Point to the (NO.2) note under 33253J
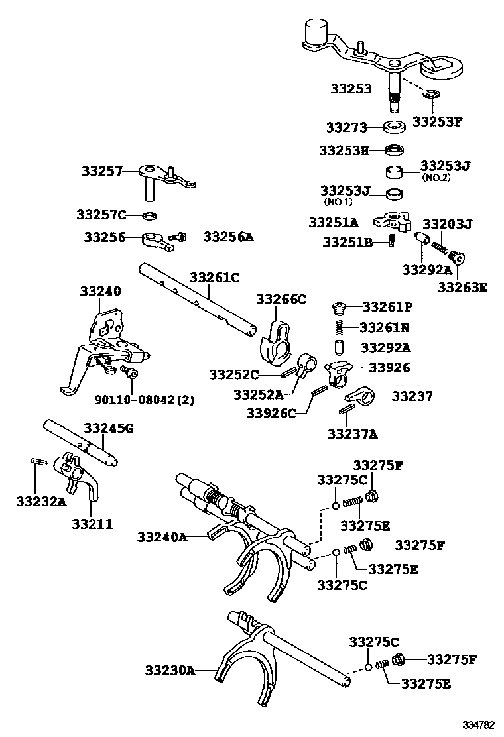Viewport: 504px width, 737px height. tap(437, 178)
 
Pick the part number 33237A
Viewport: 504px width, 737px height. tap(352, 434)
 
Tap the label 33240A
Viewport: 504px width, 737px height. tap(162, 537)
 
